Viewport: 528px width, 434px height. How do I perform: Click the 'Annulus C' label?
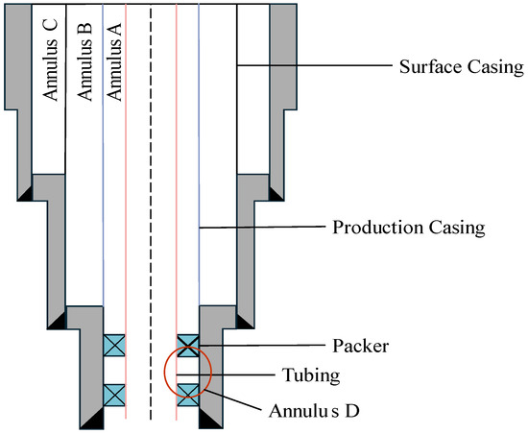tap(50, 60)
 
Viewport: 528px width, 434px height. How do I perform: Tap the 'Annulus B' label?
tap(84, 61)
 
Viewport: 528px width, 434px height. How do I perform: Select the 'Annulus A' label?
tap(114, 61)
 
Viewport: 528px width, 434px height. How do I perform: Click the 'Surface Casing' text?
tap(462, 67)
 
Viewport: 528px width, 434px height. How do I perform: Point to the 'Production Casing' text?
tap(409, 228)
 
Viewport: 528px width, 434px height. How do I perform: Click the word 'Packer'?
tap(361, 346)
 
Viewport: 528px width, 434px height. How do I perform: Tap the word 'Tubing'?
tap(311, 375)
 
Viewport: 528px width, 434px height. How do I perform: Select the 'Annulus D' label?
tap(314, 411)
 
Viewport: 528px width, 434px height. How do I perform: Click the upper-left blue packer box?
tap(114, 346)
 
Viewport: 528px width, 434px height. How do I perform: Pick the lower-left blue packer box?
tap(114, 396)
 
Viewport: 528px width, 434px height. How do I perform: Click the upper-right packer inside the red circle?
tap(188, 346)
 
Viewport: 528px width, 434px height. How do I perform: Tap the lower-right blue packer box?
tap(188, 396)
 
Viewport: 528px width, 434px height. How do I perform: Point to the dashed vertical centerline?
tap(151, 213)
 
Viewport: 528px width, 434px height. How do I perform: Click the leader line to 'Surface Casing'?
tap(315, 65)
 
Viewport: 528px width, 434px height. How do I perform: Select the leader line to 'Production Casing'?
tap(262, 228)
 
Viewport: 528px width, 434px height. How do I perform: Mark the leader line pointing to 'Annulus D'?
tap(232, 399)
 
